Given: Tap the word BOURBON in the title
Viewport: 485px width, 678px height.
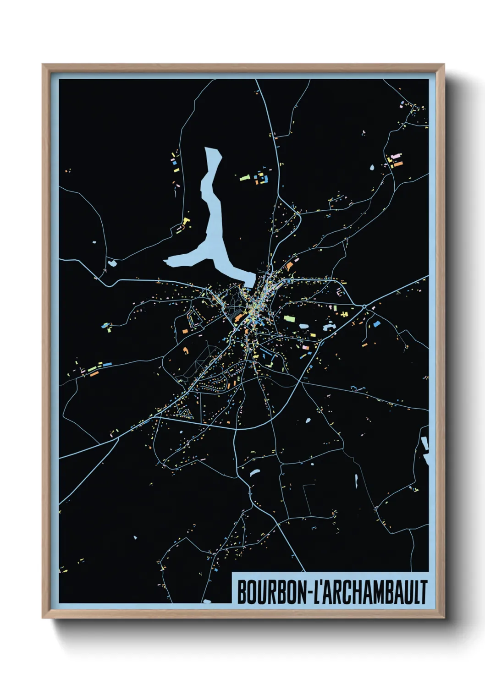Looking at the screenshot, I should coord(271,592).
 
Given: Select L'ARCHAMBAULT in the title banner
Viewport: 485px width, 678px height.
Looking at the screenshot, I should coord(371,592).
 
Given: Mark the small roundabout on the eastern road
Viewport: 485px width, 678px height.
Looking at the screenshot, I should coord(364,306).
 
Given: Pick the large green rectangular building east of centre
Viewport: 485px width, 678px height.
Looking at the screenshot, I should coord(289,317).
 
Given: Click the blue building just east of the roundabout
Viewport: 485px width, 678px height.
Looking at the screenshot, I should coord(377,324).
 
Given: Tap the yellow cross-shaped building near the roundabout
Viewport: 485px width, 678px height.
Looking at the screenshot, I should coord(345,314).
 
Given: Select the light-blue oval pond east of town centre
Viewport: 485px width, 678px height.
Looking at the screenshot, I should coord(303,326).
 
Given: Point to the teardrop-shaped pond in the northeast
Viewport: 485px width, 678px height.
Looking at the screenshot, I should coord(372,168).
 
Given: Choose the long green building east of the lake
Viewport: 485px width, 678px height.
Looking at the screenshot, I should coord(245,176).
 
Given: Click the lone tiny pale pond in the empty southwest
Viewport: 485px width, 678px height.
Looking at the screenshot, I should coord(135,537).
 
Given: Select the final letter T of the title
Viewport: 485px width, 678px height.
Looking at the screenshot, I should coord(424,592).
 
